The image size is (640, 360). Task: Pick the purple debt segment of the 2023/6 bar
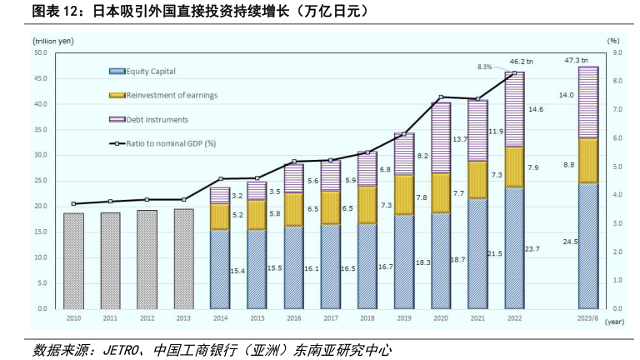588,102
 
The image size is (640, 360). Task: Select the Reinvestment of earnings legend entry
164,95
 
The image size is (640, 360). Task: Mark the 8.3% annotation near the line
485,67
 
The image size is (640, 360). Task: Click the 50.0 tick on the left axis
40,52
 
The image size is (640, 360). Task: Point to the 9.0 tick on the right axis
617,52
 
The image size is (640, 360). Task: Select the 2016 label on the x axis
294,318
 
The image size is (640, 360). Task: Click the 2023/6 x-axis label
588,318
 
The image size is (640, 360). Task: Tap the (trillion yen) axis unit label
52,39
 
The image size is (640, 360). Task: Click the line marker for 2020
441,97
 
